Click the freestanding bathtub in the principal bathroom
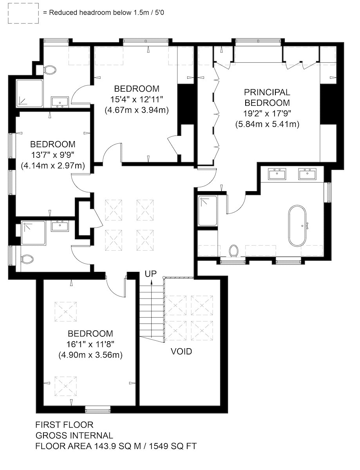(297, 225)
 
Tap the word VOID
(181, 351)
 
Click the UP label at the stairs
(150, 274)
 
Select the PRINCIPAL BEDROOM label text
(267, 98)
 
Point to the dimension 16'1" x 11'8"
(90, 344)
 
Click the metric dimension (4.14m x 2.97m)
(53, 166)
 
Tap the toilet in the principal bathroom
(233, 251)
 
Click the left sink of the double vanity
(277, 174)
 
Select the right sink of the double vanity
(307, 174)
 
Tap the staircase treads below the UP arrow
(151, 311)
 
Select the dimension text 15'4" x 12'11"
(136, 99)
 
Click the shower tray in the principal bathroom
(208, 211)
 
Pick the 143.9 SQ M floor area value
(117, 446)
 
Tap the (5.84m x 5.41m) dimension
(267, 124)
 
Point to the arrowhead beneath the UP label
(151, 282)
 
